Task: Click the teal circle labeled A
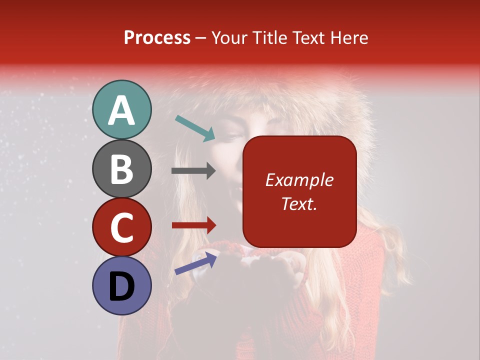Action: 122,109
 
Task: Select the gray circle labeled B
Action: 122,168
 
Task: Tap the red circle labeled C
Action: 122,227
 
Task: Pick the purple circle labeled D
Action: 122,285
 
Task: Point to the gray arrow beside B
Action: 193,171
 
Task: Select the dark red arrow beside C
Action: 193,225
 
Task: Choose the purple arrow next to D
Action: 195,263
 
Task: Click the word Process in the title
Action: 157,37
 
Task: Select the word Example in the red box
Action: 299,180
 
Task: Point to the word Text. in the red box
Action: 299,203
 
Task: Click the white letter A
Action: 122,110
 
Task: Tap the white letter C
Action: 122,228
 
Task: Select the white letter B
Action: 122,169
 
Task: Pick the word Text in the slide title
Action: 308,37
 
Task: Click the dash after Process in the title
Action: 200,38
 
